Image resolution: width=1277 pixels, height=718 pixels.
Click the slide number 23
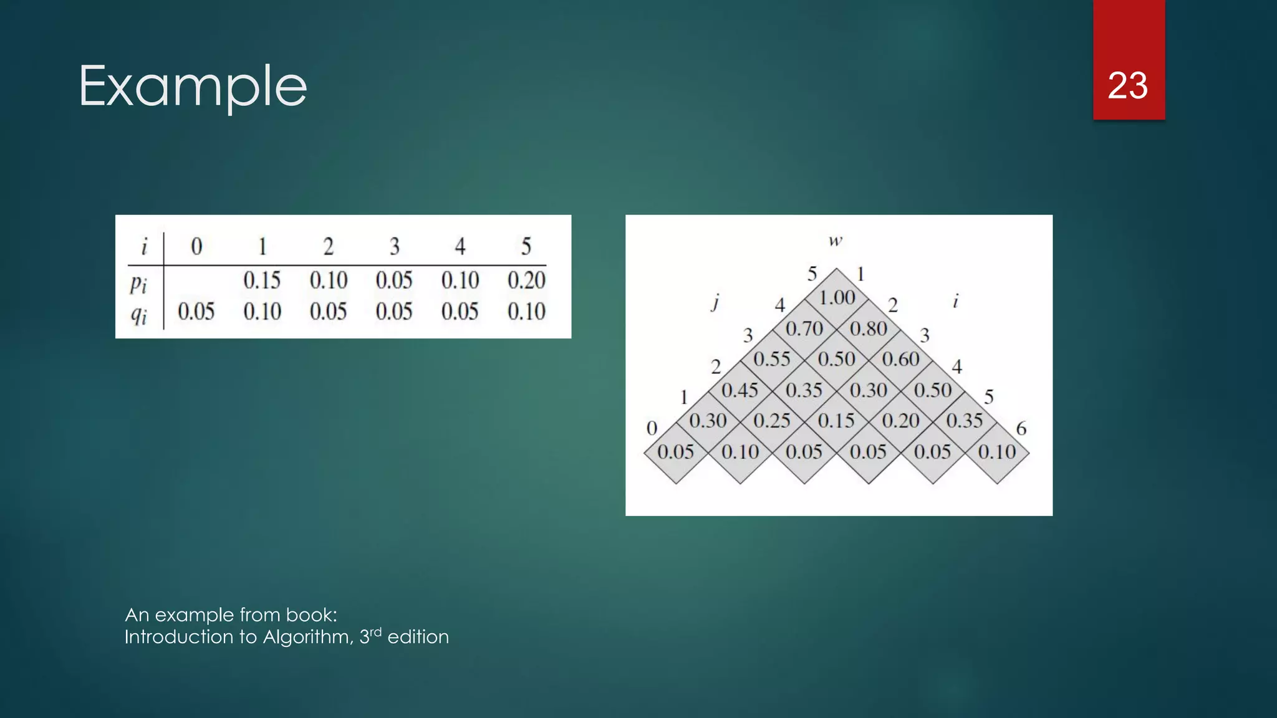(x=1127, y=85)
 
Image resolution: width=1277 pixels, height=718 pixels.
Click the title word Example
(x=193, y=87)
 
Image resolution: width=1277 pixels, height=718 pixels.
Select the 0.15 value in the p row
(x=262, y=280)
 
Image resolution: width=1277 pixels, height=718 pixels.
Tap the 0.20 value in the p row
(x=526, y=280)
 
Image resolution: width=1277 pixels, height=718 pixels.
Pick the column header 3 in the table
(x=394, y=247)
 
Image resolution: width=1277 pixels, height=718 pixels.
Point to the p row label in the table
(x=138, y=284)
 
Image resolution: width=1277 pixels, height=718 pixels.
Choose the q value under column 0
(x=196, y=312)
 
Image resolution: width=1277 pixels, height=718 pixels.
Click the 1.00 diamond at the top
(x=837, y=298)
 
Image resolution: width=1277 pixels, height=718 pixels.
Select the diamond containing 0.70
(x=804, y=328)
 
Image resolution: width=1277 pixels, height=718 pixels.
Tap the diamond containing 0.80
(x=869, y=328)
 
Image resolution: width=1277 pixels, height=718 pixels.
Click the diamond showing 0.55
(x=772, y=360)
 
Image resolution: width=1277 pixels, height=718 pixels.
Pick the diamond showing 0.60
(x=901, y=360)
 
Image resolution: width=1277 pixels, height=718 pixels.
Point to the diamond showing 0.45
(x=740, y=391)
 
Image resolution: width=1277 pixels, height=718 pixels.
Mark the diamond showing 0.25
(x=772, y=421)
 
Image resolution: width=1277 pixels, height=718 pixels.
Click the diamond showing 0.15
(x=836, y=421)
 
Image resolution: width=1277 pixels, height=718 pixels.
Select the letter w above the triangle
(x=836, y=241)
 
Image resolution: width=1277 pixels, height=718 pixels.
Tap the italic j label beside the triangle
(x=716, y=302)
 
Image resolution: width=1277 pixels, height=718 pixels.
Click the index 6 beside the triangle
(x=1021, y=429)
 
